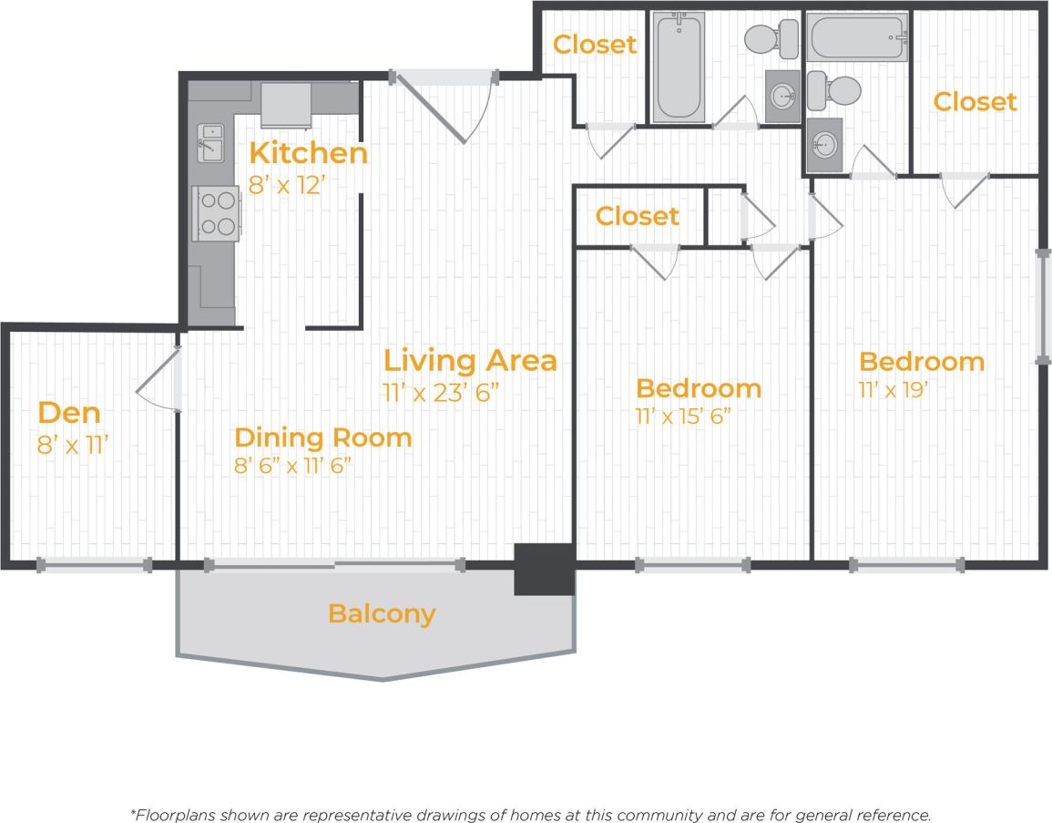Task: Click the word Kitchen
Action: point(309,153)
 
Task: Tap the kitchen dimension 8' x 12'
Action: point(287,185)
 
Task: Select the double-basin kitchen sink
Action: point(211,144)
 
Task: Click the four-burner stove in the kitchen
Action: point(217,213)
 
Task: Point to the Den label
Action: point(69,414)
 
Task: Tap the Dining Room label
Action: point(322,437)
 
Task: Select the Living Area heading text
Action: point(469,360)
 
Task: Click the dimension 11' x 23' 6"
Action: point(441,393)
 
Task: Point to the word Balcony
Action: point(382,613)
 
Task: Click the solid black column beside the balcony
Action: point(544,569)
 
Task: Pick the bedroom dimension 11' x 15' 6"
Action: point(684,417)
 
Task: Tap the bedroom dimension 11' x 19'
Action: point(894,390)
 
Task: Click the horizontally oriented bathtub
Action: point(857,38)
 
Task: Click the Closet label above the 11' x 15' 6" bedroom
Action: point(637,216)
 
